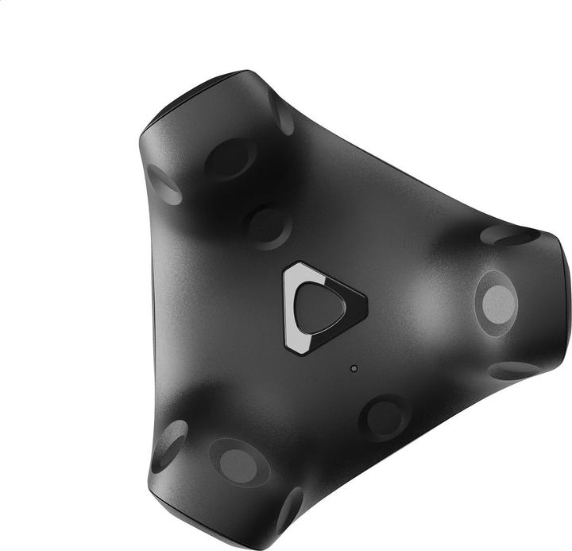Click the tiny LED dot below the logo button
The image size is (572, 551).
[354, 368]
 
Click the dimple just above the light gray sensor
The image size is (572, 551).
[508, 235]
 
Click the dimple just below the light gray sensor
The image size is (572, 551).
[513, 371]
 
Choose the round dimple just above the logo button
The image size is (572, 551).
[266, 226]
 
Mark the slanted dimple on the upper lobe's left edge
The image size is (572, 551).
[164, 184]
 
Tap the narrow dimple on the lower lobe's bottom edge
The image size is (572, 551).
[290, 509]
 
